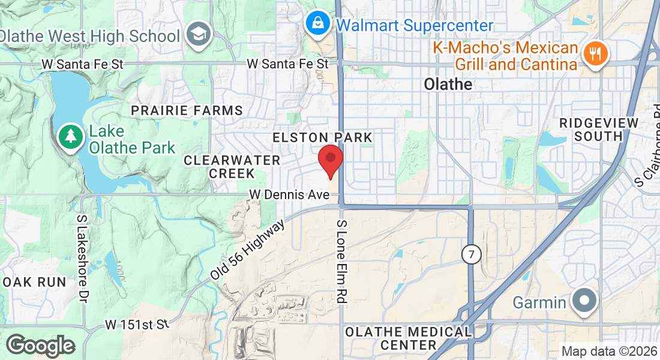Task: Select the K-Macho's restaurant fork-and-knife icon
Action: pos(595,55)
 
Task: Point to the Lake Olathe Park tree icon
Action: pos(71,137)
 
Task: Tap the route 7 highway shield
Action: pos(472,254)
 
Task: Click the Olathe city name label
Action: pos(448,85)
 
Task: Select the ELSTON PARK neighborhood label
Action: pos(323,137)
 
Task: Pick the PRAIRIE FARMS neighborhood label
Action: pos(187,110)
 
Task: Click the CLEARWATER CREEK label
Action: pos(232,167)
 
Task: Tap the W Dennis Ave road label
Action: pos(290,195)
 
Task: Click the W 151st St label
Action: pos(137,325)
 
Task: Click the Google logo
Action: pos(40,346)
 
